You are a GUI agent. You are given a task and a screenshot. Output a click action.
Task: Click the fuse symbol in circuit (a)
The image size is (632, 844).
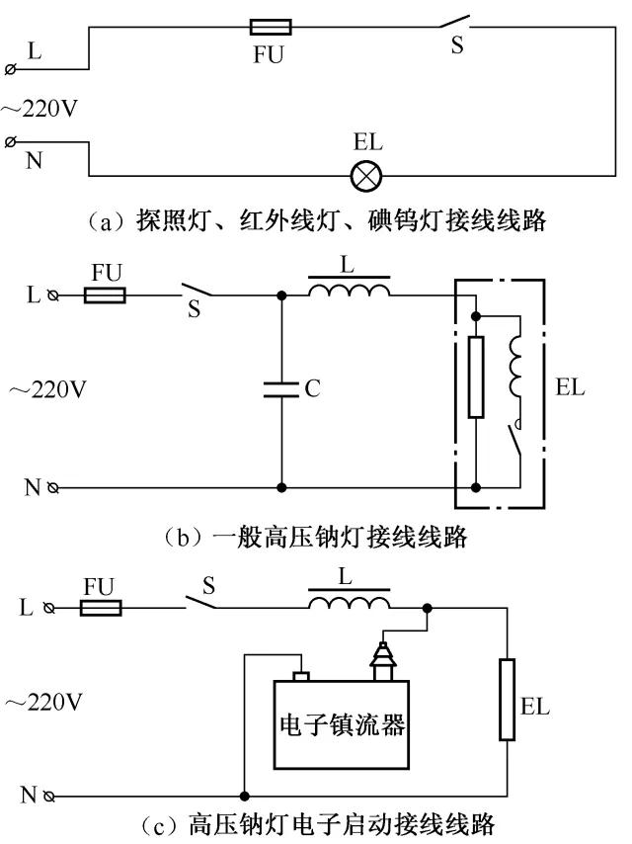(267, 28)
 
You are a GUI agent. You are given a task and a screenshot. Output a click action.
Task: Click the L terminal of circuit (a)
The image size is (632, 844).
(11, 68)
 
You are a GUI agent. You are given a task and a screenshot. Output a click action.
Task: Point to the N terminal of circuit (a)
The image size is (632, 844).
(11, 142)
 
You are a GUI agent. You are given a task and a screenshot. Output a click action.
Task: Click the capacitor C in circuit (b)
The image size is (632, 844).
(281, 390)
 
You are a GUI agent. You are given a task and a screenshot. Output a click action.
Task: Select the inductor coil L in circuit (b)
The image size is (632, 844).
(349, 290)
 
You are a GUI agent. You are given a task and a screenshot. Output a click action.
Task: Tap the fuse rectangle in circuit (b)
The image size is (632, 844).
(105, 295)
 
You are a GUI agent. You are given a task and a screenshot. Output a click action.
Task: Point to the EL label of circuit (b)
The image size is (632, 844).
(570, 387)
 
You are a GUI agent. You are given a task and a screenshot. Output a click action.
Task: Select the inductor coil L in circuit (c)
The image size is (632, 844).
(349, 603)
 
